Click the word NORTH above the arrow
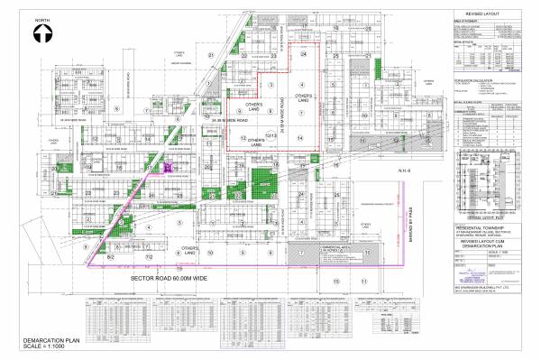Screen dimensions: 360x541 [x=42, y=18]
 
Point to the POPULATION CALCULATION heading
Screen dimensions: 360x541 [x=473, y=80]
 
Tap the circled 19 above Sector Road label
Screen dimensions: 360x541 [x=179, y=268]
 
